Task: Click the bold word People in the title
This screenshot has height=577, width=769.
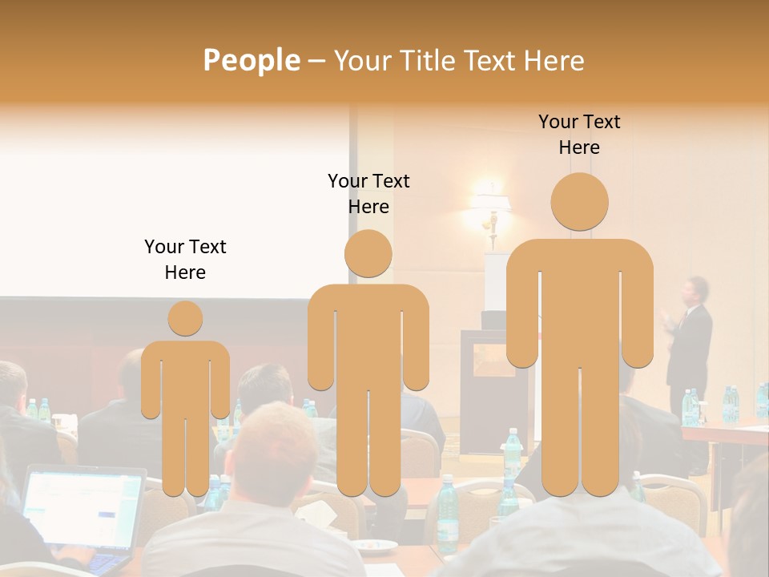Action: click(x=251, y=60)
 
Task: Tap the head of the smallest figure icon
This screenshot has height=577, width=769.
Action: click(x=185, y=318)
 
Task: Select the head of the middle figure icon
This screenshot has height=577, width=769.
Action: click(x=368, y=253)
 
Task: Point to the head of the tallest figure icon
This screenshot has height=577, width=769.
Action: click(x=579, y=202)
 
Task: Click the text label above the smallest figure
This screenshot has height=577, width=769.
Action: click(x=185, y=259)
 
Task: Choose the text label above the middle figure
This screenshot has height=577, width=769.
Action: click(x=368, y=194)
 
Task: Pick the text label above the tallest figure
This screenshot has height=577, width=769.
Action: click(x=579, y=135)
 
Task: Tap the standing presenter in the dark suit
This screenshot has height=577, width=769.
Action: click(x=690, y=345)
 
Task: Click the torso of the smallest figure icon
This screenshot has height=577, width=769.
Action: click(x=185, y=377)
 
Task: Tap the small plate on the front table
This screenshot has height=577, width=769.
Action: click(x=376, y=547)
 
